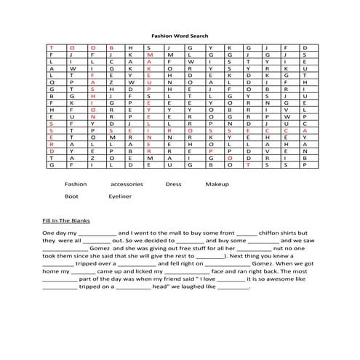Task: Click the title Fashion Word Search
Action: (180, 34)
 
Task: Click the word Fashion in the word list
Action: (76, 184)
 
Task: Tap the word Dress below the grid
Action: (173, 184)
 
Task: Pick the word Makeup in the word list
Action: (216, 184)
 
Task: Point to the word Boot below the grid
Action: (71, 196)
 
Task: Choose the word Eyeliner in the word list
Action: (120, 196)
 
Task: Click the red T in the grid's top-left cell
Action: (52, 47)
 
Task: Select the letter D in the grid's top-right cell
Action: (305, 47)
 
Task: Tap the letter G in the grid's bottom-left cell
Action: (52, 165)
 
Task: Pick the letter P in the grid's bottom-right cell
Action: (305, 165)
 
